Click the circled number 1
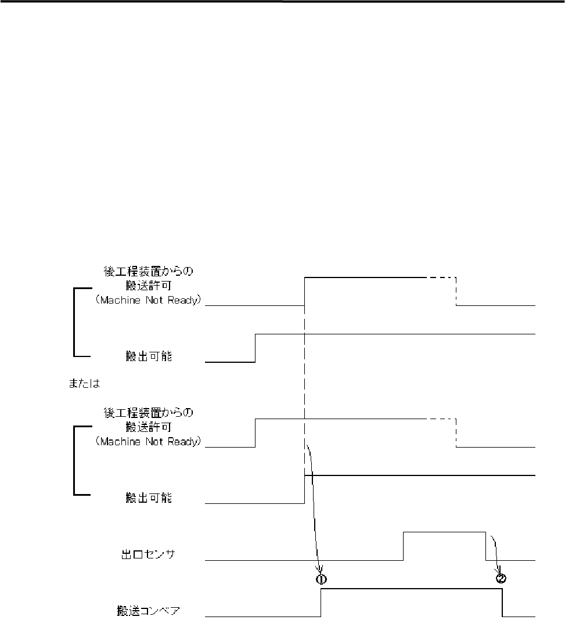tap(321, 579)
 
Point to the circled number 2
tap(501, 578)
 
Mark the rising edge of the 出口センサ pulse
tap(403, 546)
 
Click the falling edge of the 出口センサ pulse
tap(485, 546)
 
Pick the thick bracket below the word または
tap(74, 460)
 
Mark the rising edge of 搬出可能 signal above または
tap(255, 348)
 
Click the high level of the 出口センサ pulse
tap(444, 531)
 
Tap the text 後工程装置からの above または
tap(147, 271)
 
